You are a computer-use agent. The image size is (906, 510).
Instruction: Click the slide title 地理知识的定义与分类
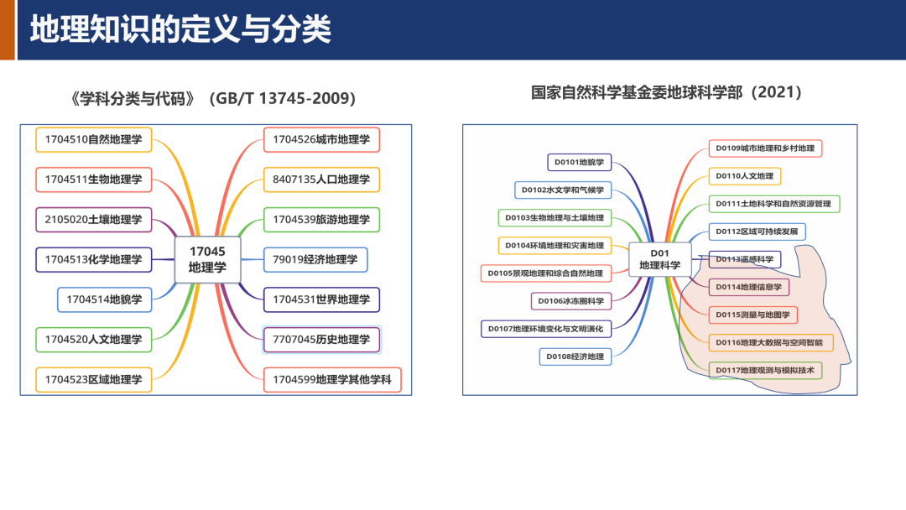coord(181,29)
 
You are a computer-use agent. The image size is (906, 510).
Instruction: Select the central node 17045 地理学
coord(207,259)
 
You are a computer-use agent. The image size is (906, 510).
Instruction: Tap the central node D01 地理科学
coord(660,259)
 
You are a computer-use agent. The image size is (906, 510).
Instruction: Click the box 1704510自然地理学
coord(94,139)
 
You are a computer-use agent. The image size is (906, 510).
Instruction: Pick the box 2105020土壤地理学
coord(94,220)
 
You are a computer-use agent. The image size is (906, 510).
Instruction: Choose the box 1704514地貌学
coord(105,299)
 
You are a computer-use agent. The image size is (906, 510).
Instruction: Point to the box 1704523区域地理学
coord(94,379)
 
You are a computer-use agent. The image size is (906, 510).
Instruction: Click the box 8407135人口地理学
coord(321,179)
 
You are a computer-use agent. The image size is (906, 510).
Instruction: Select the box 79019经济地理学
coord(315,259)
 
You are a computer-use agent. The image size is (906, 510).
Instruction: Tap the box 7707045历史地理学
coord(321,340)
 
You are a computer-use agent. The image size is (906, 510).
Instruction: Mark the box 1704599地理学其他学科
coord(332,380)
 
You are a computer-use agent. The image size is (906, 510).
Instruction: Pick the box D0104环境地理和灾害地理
coord(555,246)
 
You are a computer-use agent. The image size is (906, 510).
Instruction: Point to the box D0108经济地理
coord(575,356)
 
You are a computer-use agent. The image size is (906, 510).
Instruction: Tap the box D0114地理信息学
coord(748,287)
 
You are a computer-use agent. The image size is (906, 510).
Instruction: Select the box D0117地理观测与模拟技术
coord(765,370)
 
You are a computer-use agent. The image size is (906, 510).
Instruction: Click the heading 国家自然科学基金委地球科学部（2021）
coord(667,93)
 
